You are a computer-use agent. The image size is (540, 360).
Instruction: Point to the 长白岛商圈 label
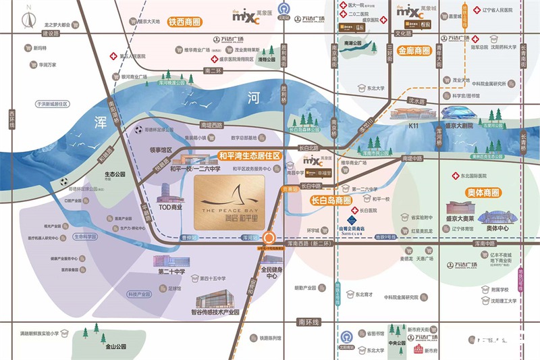330,201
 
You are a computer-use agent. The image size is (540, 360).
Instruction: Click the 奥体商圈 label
483,192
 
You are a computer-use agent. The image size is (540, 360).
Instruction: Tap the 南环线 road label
307,322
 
